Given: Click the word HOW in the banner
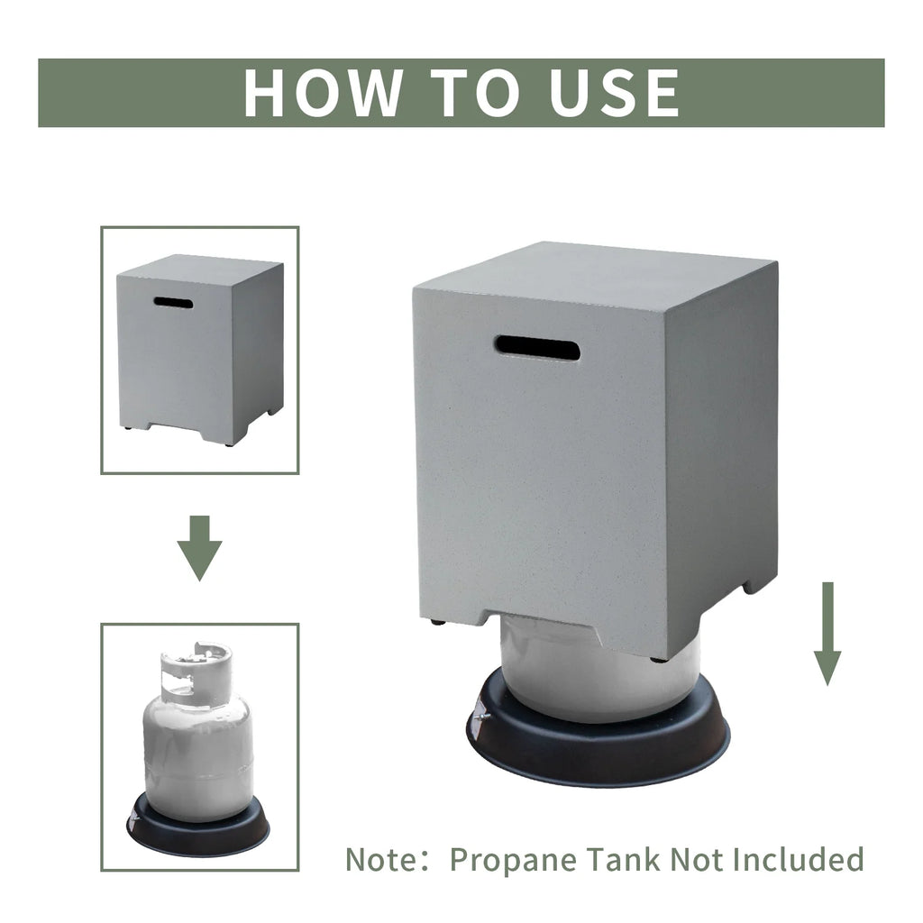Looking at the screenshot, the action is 324,93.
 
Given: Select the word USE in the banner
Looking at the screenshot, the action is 613,93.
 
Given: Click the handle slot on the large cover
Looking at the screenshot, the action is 537,348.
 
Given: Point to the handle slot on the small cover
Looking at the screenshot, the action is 173,303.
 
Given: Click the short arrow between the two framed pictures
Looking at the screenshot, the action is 200,548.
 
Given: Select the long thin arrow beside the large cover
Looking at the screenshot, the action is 827,634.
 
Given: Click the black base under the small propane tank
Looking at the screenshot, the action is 198,824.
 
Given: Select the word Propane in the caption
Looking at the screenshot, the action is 513,861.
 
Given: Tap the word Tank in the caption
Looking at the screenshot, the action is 624,859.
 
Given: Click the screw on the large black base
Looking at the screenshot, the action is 484,716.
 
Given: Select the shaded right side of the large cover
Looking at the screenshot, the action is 722,459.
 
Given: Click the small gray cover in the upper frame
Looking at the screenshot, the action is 200,351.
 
